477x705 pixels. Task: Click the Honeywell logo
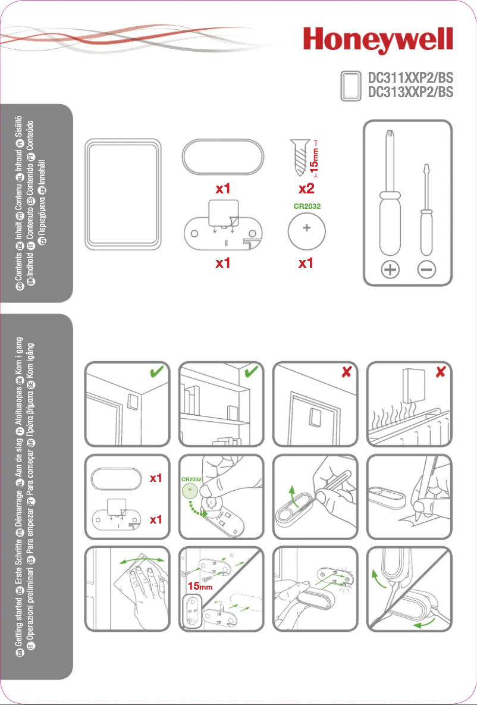click(x=378, y=43)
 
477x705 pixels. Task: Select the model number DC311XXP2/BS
click(x=410, y=78)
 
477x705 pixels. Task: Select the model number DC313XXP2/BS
click(x=410, y=92)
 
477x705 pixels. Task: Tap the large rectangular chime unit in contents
click(x=123, y=194)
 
